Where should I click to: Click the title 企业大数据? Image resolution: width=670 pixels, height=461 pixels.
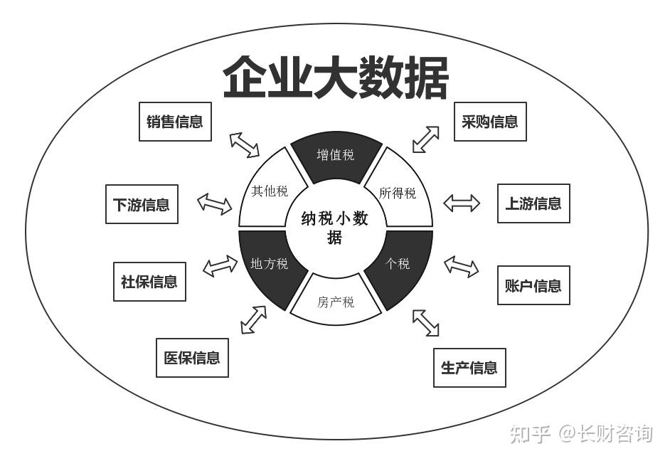pos(335,78)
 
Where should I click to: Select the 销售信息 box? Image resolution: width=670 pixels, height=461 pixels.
pos(175,121)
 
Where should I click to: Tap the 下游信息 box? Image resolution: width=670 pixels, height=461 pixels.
pos(142,204)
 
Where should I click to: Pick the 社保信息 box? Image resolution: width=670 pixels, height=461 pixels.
pos(149,281)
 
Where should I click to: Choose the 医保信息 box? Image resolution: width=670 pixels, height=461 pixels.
pos(192,357)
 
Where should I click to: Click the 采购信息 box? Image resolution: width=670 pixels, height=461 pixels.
pos(490,121)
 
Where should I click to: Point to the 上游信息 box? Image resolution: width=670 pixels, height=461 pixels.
pos(533,203)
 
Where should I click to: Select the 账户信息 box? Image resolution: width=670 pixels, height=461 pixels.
pos(533,285)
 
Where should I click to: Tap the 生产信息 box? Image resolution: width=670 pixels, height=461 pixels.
pos(469,367)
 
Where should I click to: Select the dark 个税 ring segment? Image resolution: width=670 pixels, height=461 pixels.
pos(398,265)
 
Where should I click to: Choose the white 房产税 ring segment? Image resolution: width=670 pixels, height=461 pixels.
pos(336,302)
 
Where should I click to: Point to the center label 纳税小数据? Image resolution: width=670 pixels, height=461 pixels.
pos(335,228)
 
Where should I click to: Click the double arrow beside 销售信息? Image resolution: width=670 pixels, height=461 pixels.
pos(245,144)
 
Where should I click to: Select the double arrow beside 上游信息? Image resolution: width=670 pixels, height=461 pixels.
pos(462,203)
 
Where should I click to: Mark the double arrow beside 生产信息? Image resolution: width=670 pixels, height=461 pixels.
pos(426,322)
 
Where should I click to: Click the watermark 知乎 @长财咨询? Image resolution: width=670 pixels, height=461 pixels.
pos(580,433)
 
